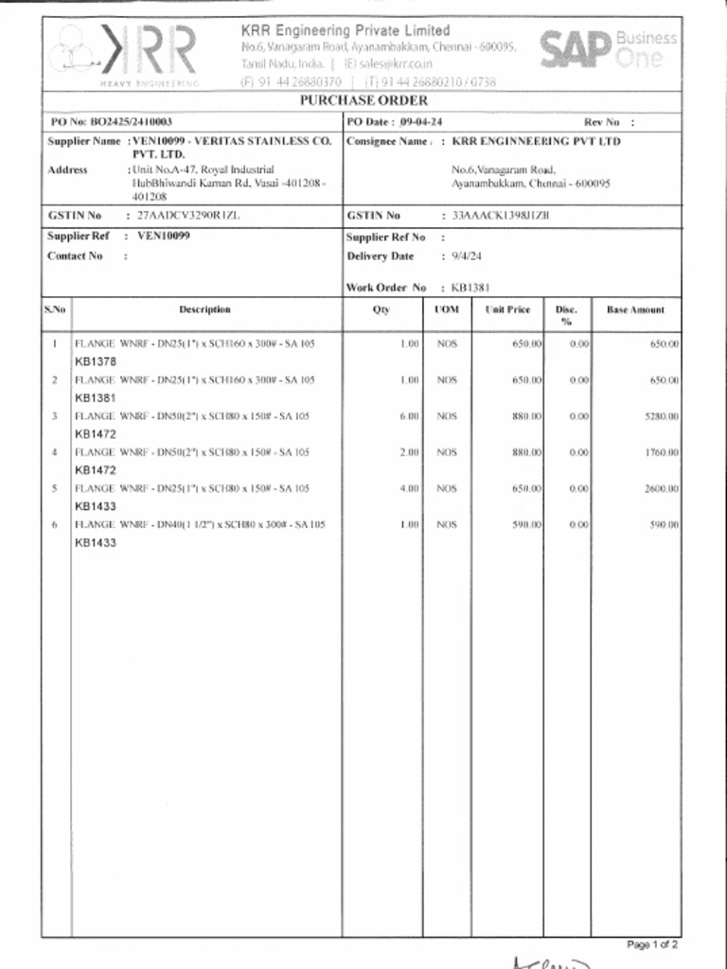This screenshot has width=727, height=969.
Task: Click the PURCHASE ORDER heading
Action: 363,100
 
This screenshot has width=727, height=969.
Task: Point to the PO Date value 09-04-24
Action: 421,122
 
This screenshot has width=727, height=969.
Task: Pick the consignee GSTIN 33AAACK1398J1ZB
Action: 500,216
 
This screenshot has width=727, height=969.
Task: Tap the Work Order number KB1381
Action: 470,288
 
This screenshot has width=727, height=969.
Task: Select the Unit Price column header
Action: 507,309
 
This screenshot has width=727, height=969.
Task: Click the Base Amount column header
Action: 635,309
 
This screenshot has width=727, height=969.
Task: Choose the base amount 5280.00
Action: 663,416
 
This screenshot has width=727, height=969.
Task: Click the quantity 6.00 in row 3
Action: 409,416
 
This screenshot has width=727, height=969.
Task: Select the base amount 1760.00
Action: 663,452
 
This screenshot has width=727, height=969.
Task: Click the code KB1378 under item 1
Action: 96,361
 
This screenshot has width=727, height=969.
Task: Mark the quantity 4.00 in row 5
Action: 409,488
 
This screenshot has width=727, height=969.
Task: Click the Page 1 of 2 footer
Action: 652,944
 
